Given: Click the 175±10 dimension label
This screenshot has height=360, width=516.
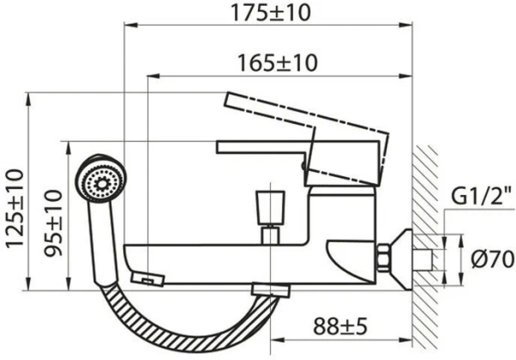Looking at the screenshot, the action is pos(271,13).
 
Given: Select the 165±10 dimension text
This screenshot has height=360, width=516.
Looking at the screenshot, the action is pos(278,63).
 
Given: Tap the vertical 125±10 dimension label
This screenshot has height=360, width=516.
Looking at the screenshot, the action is pos(15,208).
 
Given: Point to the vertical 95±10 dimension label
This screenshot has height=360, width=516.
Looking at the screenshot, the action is pos(53,223).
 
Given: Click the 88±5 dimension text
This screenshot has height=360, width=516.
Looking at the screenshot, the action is pos(340,326).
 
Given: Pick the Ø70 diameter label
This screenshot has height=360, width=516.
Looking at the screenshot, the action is pos(493,259).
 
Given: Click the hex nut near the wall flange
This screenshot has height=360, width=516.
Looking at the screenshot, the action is pos(384,258).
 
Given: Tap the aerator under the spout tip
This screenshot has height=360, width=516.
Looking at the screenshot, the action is pos(147,279).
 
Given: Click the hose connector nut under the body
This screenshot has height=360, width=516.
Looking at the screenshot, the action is pos(271,290).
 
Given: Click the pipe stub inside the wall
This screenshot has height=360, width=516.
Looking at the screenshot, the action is pos(422,259).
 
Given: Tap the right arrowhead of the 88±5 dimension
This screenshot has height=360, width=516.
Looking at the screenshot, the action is pos(407,340).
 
